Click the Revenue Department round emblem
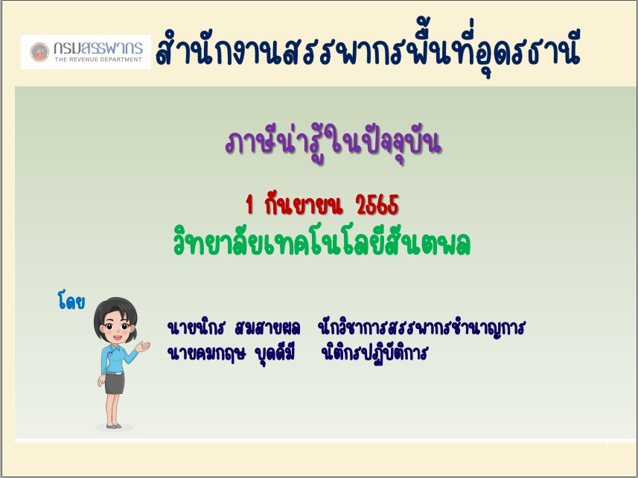click(39, 52)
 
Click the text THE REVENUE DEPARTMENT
click(98, 60)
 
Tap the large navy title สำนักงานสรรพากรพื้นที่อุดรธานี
click(368, 49)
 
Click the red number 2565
click(377, 205)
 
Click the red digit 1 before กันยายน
click(249, 205)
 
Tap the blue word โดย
click(71, 301)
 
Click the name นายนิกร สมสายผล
click(234, 328)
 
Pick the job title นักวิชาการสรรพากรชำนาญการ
click(421, 328)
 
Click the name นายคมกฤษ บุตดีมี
click(231, 353)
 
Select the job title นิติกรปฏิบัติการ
click(374, 353)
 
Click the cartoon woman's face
click(117, 328)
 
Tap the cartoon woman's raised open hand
click(143, 346)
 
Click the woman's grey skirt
click(115, 383)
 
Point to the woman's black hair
click(115, 313)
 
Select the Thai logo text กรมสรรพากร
click(98, 48)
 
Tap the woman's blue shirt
click(116, 359)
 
